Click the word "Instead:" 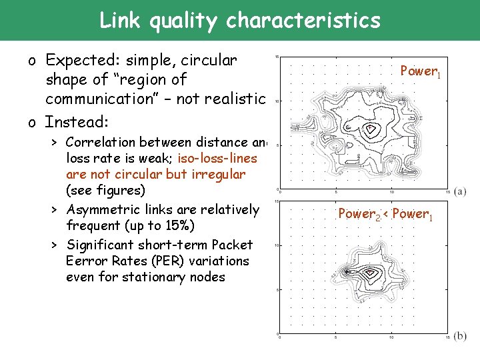(x=77, y=122)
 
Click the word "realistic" (x=233, y=100)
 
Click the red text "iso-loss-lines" (x=217, y=158)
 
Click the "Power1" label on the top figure (x=419, y=71)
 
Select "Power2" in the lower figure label (x=359, y=214)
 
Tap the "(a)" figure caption (x=460, y=191)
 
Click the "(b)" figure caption (x=460, y=336)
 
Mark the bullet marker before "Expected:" (x=32, y=62)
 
